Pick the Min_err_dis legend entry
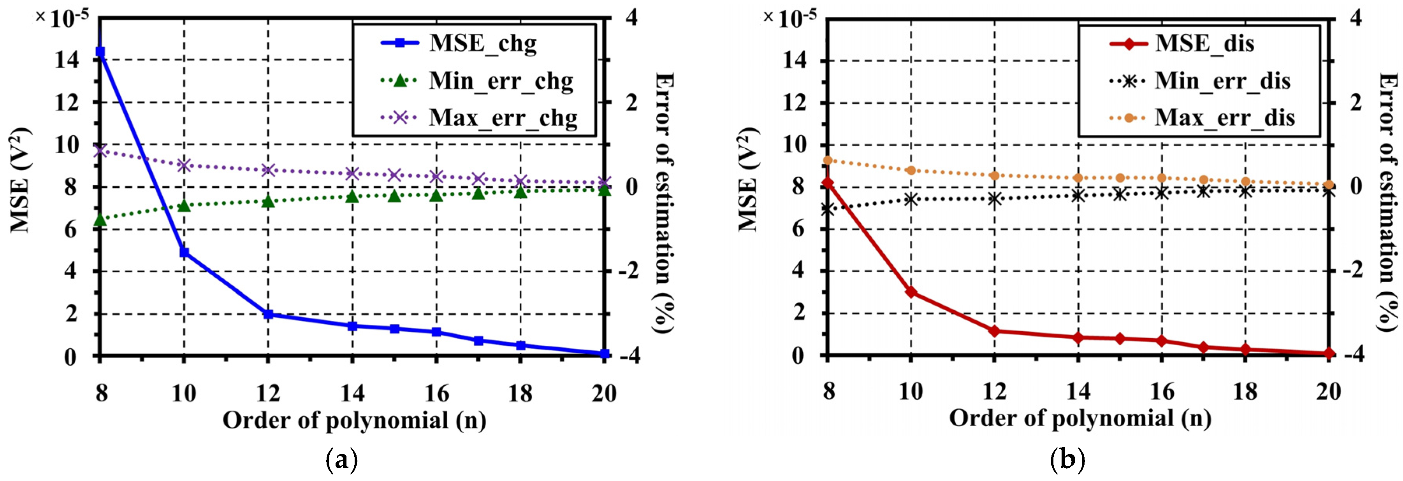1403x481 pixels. pos(1222,81)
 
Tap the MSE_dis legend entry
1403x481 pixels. pos(1204,43)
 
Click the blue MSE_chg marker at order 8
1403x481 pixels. pos(100,52)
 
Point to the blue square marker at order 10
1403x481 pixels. pos(184,252)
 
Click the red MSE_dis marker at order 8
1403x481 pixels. pos(828,183)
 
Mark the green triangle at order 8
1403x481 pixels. pos(100,220)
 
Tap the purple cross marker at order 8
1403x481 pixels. pos(100,151)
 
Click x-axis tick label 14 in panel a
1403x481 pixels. pos(352,393)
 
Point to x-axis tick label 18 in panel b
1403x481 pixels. pos(1245,391)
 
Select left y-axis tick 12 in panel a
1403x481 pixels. pos(67,103)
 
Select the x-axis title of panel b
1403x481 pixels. pos(1080,418)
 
